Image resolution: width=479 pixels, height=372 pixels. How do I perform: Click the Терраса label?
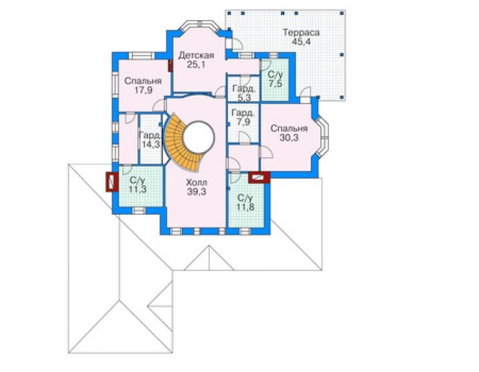[x=301, y=32]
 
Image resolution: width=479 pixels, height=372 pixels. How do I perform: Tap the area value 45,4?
[x=301, y=41]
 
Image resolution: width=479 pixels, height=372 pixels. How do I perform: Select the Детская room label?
[x=196, y=55]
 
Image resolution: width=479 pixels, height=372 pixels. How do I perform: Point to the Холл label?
[x=196, y=182]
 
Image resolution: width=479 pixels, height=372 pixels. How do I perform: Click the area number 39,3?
[x=196, y=191]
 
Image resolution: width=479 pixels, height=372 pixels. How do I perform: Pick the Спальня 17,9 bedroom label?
[x=143, y=85]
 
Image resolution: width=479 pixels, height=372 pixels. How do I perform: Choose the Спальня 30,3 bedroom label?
[x=289, y=133]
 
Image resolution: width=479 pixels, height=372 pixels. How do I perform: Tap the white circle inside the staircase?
[x=199, y=137]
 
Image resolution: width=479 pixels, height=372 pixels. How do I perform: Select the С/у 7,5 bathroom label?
[x=275, y=79]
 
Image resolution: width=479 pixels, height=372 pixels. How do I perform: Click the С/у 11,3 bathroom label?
[x=137, y=185]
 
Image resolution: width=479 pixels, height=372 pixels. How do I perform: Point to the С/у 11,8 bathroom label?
[x=245, y=202]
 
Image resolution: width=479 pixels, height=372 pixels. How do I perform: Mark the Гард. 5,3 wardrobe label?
[x=243, y=93]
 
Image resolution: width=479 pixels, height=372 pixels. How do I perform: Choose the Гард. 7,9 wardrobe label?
[x=243, y=117]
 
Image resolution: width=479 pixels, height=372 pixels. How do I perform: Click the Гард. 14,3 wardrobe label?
[x=150, y=140]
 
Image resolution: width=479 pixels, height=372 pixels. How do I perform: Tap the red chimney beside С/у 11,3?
[x=112, y=182]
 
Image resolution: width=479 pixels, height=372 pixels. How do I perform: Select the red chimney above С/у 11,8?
[x=259, y=177]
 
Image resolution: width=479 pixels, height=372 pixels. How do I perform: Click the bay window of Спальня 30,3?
[x=322, y=137]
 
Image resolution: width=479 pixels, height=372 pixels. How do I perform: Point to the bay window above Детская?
[x=199, y=26]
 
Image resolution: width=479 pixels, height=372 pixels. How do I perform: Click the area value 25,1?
[x=196, y=65]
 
